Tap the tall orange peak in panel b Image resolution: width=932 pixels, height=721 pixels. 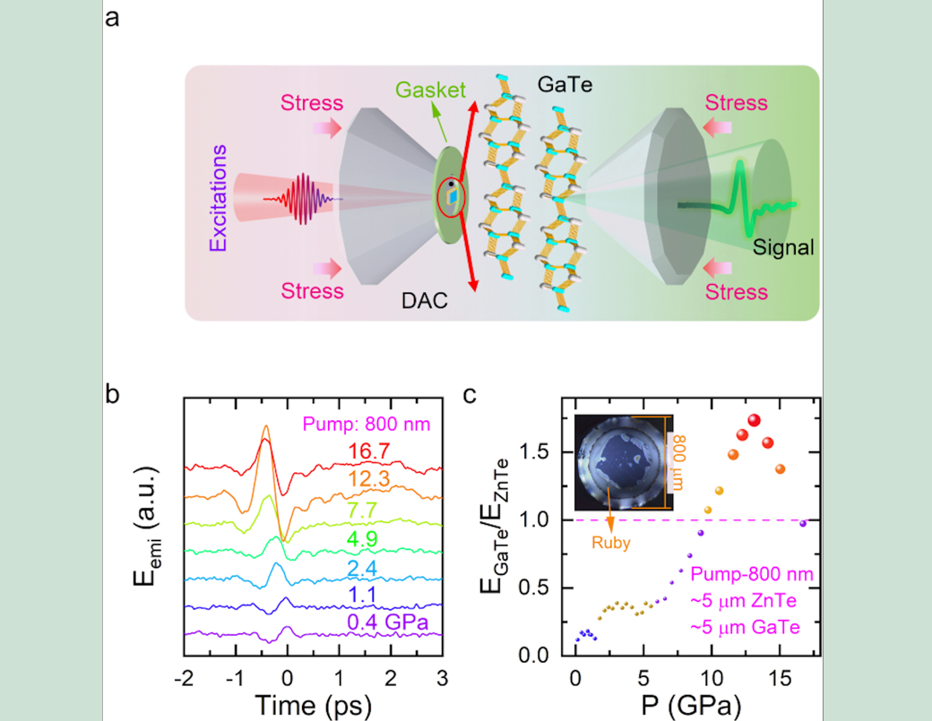[265, 432]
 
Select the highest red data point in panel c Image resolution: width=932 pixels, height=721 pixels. [754, 420]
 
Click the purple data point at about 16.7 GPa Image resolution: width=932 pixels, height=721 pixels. [803, 523]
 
